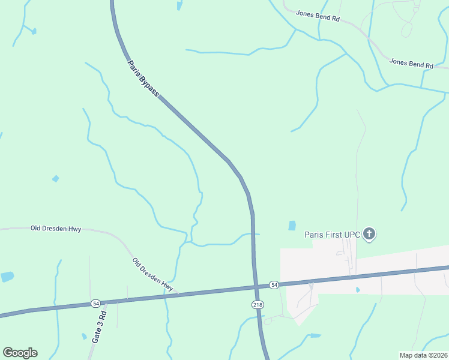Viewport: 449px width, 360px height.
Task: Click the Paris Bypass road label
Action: (143, 78)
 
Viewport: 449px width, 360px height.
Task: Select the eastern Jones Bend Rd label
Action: (411, 63)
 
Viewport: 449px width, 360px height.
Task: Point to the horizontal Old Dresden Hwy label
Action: (56, 229)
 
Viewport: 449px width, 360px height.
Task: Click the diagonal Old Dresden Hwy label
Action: (152, 275)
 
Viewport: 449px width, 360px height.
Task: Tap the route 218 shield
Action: (258, 304)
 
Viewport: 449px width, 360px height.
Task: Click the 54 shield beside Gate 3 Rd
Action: (96, 304)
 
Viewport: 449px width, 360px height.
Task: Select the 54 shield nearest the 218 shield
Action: (274, 284)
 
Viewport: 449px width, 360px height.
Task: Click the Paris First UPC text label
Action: (332, 235)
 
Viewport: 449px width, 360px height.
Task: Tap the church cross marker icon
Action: (369, 234)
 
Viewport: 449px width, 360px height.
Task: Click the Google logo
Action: (20, 352)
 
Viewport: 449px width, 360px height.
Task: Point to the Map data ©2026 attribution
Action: (424, 355)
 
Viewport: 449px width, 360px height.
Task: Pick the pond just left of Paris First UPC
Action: (292, 226)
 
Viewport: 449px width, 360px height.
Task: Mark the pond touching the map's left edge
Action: (7, 277)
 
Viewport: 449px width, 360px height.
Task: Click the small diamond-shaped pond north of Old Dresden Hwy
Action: (56, 178)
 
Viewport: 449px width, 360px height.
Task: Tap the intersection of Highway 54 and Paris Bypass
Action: (254, 286)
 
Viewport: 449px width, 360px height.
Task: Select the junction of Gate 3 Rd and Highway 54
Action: (106, 302)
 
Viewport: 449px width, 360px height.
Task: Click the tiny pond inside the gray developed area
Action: (357, 290)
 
